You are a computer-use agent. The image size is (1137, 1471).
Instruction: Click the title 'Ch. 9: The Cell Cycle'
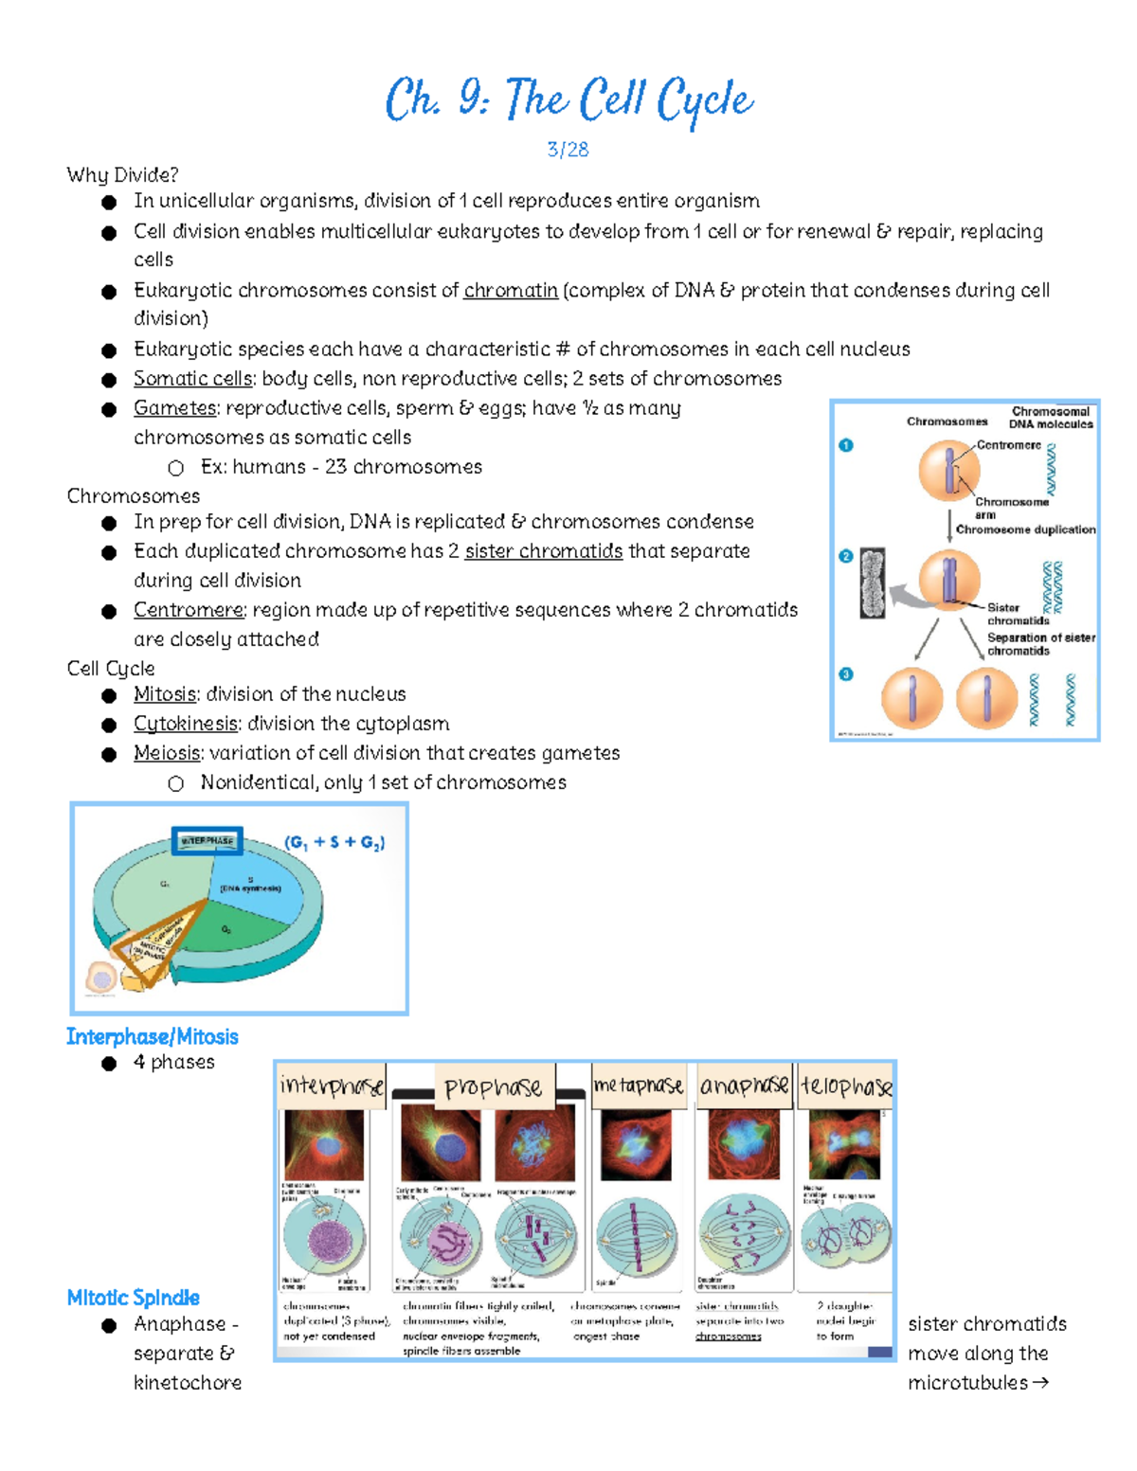(568, 100)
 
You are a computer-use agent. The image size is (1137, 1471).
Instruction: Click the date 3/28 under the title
(568, 150)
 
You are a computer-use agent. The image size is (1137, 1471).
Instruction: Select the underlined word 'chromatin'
(511, 291)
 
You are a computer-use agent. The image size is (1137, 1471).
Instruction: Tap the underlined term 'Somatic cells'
(193, 379)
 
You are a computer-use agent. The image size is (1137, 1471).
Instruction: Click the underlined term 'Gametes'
(175, 408)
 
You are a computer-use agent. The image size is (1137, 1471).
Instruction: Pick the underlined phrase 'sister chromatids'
(544, 551)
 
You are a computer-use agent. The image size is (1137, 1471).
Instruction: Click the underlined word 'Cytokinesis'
(186, 724)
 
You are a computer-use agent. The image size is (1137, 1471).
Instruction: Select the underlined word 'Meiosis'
(167, 753)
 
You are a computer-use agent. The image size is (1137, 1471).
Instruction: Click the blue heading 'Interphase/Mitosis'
(153, 1036)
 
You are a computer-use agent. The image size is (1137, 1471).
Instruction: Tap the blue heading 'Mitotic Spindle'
(134, 1298)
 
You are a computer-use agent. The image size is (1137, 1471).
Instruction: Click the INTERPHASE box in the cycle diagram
(208, 841)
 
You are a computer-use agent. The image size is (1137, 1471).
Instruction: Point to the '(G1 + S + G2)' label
(334, 842)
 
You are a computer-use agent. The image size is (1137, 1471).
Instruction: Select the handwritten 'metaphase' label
(639, 1085)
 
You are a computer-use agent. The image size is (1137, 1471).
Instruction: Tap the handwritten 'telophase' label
(846, 1085)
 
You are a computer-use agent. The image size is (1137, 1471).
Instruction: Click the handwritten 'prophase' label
(494, 1087)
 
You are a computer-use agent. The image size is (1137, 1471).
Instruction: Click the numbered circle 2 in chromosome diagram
(846, 556)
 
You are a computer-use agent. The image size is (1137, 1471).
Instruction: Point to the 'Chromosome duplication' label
(1025, 529)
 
